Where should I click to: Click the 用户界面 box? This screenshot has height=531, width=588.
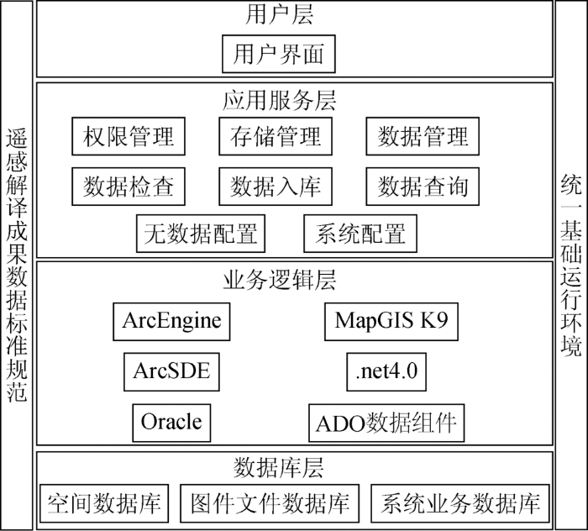279,54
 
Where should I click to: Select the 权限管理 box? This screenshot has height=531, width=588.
129,136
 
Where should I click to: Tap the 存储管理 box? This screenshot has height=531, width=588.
276,136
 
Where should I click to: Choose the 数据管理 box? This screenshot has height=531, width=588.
423,136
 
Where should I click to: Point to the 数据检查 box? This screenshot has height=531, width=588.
129,187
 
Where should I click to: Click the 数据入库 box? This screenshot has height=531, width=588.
276,187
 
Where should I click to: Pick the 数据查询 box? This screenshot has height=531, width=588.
423,187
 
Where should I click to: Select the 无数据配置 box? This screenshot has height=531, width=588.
201,234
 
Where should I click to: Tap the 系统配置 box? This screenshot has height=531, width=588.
360,234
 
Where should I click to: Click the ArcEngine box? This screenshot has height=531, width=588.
171,322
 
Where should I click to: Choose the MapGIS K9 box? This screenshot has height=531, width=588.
391,322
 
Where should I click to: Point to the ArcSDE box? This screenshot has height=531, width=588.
171,371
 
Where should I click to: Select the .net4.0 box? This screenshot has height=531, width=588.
386,371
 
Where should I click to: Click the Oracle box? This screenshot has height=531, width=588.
171,423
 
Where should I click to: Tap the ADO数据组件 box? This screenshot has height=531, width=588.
386,423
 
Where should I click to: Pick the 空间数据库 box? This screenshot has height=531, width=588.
104,503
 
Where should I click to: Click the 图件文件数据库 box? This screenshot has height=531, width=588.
270,503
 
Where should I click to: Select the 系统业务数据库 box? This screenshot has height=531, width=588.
460,503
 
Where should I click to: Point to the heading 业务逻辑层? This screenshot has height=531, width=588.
280,280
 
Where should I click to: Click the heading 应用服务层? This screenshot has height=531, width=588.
280,101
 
